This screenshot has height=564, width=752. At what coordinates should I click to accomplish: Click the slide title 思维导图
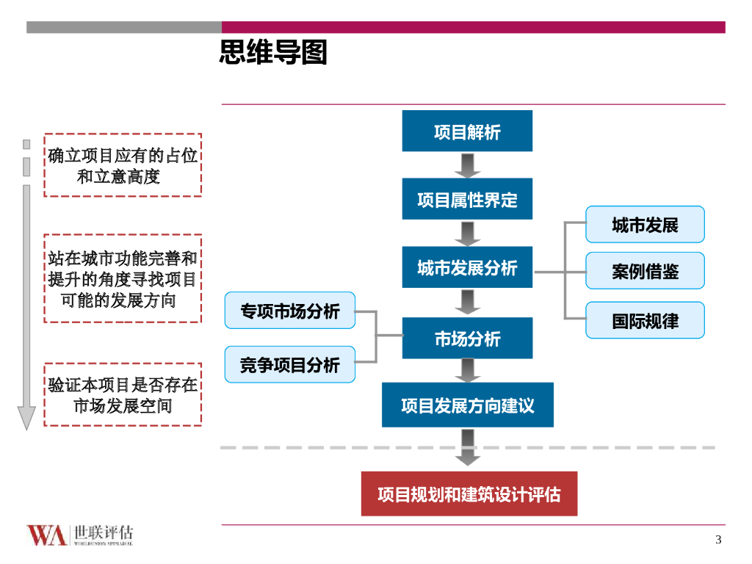click(x=273, y=53)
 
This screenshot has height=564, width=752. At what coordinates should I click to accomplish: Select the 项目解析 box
click(x=467, y=131)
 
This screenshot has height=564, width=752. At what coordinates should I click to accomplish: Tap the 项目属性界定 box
click(x=467, y=199)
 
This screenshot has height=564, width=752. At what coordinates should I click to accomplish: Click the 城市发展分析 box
click(x=467, y=267)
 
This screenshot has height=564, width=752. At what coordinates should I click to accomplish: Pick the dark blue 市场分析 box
click(x=467, y=339)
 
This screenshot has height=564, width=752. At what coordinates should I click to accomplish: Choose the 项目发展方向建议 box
click(x=467, y=405)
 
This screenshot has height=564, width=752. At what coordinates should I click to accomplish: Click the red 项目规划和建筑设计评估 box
click(x=469, y=494)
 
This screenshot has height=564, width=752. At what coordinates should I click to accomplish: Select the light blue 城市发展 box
click(x=645, y=225)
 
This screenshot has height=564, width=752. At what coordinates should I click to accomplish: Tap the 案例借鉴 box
click(x=645, y=271)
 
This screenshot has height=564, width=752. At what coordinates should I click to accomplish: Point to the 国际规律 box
click(x=645, y=320)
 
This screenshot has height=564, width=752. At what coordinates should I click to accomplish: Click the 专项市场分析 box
click(x=289, y=311)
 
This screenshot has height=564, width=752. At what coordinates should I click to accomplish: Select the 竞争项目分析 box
click(x=289, y=364)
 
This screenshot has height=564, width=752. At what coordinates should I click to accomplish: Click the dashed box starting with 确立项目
click(x=123, y=165)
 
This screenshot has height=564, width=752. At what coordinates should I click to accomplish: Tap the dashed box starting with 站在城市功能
click(x=123, y=279)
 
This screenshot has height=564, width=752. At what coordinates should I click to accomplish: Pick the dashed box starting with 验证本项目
click(x=123, y=394)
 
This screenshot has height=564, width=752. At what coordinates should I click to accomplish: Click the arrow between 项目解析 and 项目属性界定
click(x=467, y=165)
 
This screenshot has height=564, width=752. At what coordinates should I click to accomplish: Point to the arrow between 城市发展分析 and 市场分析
click(x=467, y=302)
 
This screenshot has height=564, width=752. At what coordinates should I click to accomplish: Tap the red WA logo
click(x=47, y=535)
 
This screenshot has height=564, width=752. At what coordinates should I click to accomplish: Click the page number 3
click(x=718, y=540)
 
